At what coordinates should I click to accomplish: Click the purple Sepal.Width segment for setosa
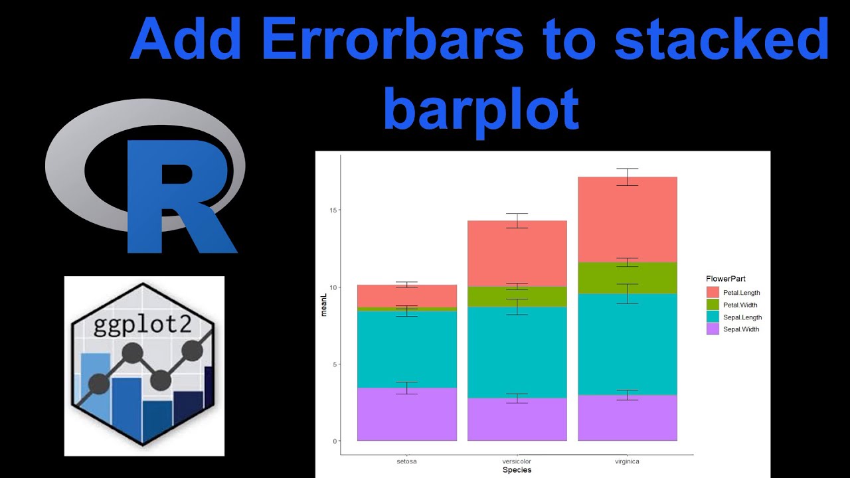point(406,414)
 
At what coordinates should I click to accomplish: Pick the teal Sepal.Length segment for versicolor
point(517,352)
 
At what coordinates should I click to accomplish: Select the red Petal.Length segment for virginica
point(627,219)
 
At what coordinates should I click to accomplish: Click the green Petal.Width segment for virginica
point(627,278)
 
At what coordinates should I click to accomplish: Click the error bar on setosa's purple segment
point(406,388)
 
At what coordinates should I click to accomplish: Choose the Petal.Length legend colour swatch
point(713,292)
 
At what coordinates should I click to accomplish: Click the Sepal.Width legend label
point(741,329)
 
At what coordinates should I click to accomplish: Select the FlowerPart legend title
point(726,279)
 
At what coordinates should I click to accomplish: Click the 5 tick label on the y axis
point(334,364)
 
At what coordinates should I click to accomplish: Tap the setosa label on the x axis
point(406,460)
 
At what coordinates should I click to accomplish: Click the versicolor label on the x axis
point(517,460)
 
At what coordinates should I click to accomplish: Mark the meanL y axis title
point(324,308)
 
